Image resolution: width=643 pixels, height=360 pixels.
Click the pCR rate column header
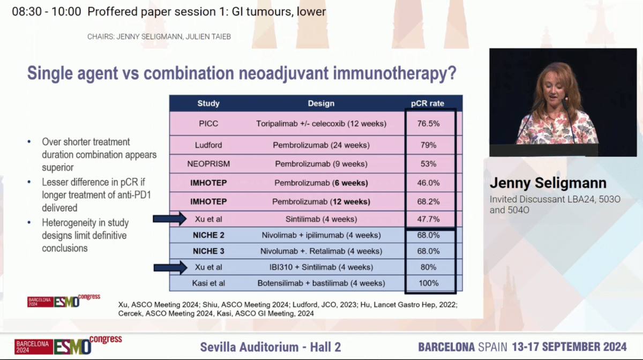pos(428,103)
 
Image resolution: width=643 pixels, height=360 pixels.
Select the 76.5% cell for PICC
pos(428,123)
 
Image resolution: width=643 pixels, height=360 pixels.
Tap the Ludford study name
pos(208,145)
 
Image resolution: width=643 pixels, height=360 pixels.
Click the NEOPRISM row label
pos(208,164)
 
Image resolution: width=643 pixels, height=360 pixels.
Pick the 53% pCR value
pos(428,164)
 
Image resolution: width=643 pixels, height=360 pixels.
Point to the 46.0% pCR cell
pos(428,183)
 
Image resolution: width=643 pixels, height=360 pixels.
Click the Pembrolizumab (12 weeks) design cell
pos(321,201)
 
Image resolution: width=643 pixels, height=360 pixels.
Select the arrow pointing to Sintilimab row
pos(170,219)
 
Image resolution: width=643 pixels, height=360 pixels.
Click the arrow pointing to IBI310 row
pos(170,267)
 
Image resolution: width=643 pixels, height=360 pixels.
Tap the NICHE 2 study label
pos(208,235)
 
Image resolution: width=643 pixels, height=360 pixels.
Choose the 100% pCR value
pos(428,283)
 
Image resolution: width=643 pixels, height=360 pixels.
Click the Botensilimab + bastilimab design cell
pos(321,283)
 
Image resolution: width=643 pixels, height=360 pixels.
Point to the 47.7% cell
pos(428,219)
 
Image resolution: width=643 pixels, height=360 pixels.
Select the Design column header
pos(321,103)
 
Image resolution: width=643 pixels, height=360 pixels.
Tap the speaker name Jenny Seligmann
pos(548,183)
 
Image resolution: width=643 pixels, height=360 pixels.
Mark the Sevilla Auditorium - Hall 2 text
pos(271,347)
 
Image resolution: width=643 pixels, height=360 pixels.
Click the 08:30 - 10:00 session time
pos(47,12)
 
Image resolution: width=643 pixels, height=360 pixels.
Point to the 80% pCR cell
pos(428,267)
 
